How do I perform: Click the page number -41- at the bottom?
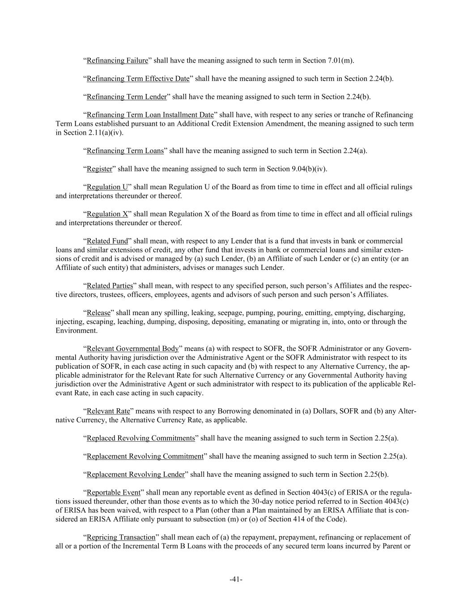pos(236,580)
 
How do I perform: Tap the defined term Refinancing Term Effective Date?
pos(138,79)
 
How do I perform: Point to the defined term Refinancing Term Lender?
pos(127,97)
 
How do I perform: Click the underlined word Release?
pos(98,312)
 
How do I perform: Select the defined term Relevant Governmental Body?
pos(132,349)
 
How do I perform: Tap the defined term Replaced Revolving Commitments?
pos(140,438)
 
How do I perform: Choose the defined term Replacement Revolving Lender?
pos(136,474)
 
